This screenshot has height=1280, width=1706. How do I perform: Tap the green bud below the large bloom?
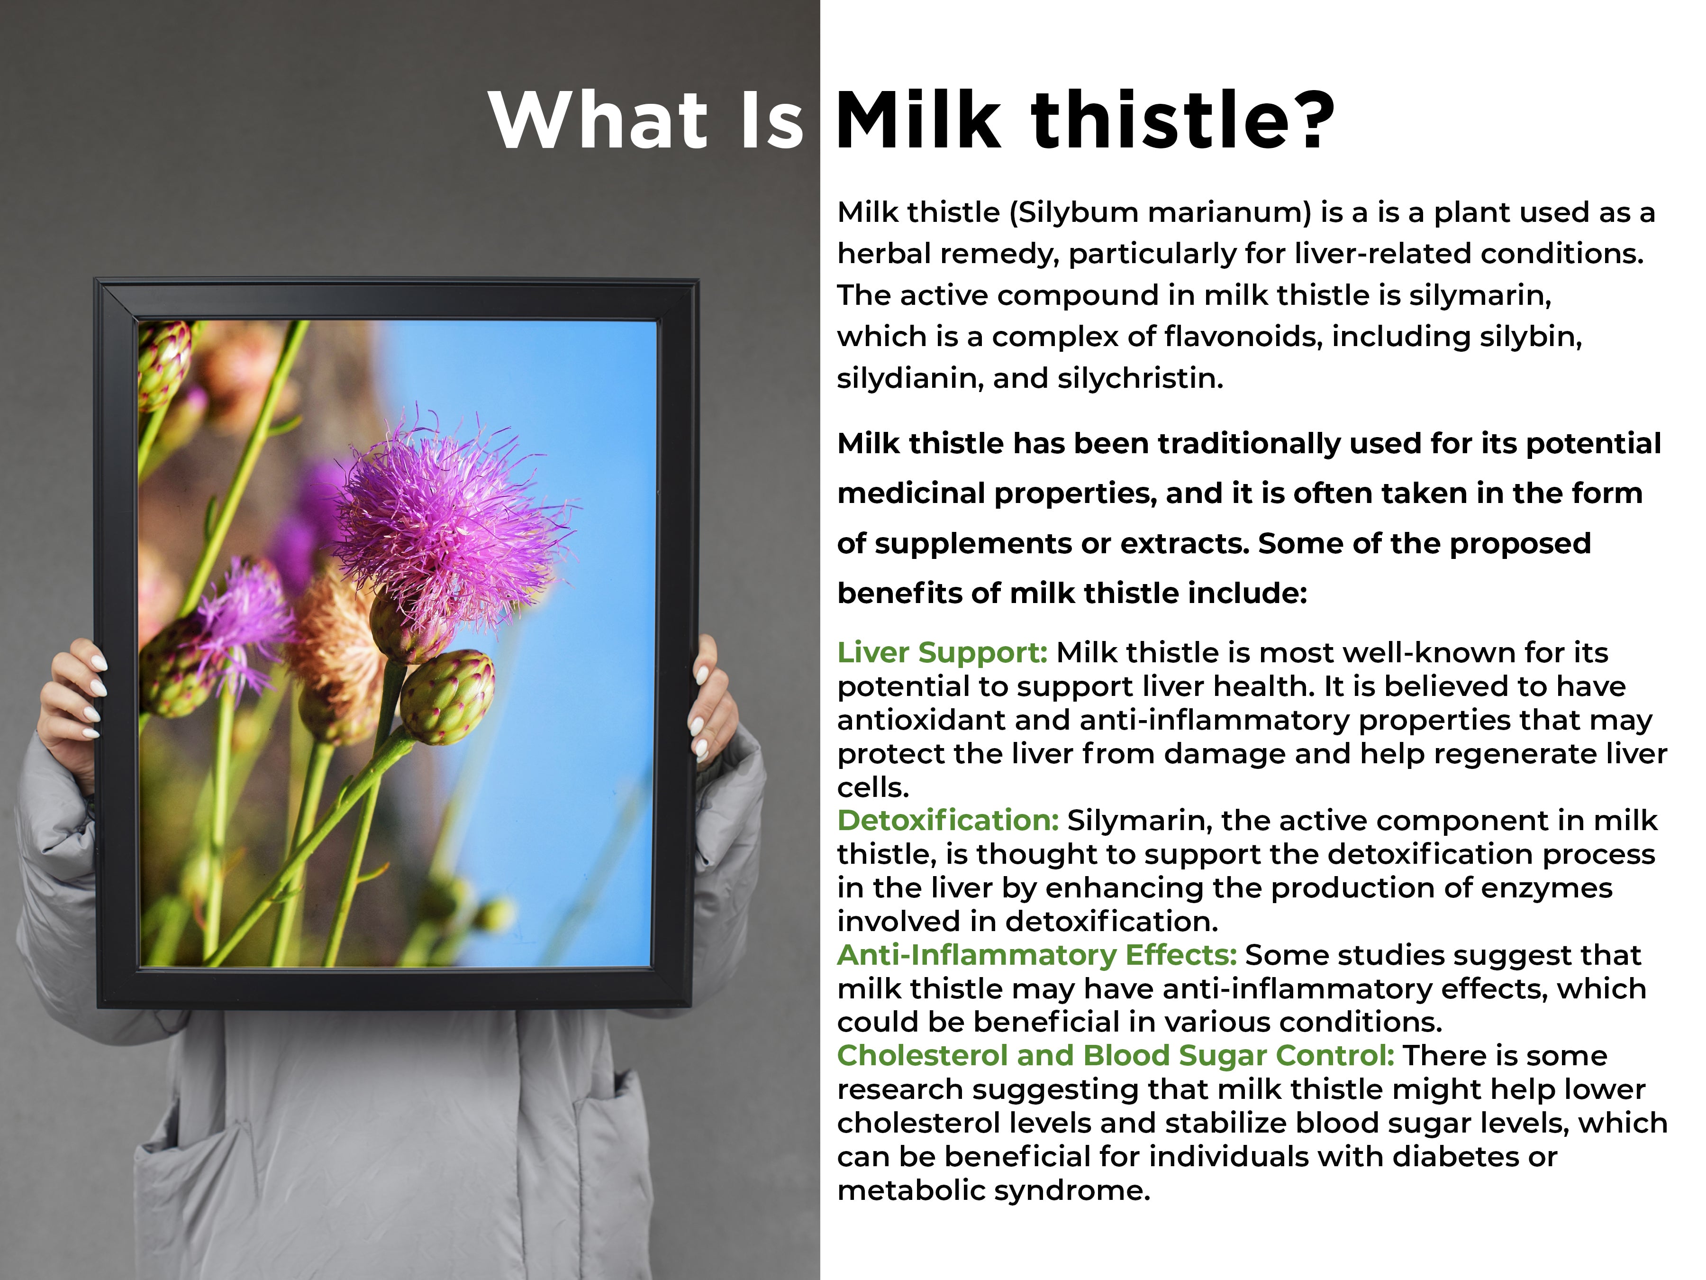pyautogui.click(x=447, y=697)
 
